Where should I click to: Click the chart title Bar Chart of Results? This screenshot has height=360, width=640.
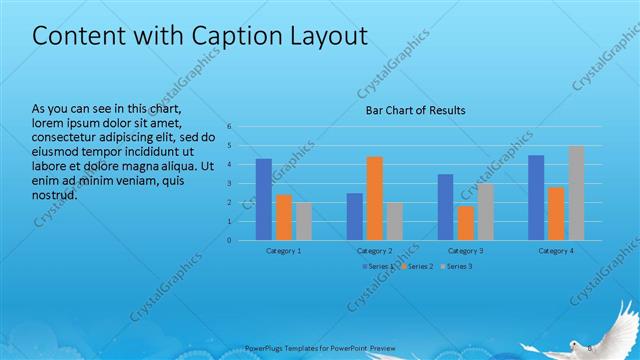pyautogui.click(x=414, y=110)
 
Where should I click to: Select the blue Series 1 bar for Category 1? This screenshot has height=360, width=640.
pyautogui.click(x=264, y=199)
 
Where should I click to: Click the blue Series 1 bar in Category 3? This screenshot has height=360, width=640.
pyautogui.click(x=446, y=207)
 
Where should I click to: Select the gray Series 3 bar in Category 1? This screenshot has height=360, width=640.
pyautogui.click(x=304, y=221)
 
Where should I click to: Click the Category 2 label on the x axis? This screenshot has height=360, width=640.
pyautogui.click(x=375, y=251)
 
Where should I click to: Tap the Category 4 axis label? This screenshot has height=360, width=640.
pyautogui.click(x=557, y=251)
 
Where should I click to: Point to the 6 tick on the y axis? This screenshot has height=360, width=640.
pyautogui.click(x=230, y=127)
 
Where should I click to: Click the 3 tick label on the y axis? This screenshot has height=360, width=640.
pyautogui.click(x=230, y=184)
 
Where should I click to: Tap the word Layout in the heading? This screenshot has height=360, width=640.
pyautogui.click(x=330, y=36)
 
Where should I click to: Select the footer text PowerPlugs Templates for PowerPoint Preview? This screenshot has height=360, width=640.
pyautogui.click(x=320, y=347)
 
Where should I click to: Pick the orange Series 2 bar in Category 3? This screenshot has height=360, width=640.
pyautogui.click(x=466, y=223)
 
